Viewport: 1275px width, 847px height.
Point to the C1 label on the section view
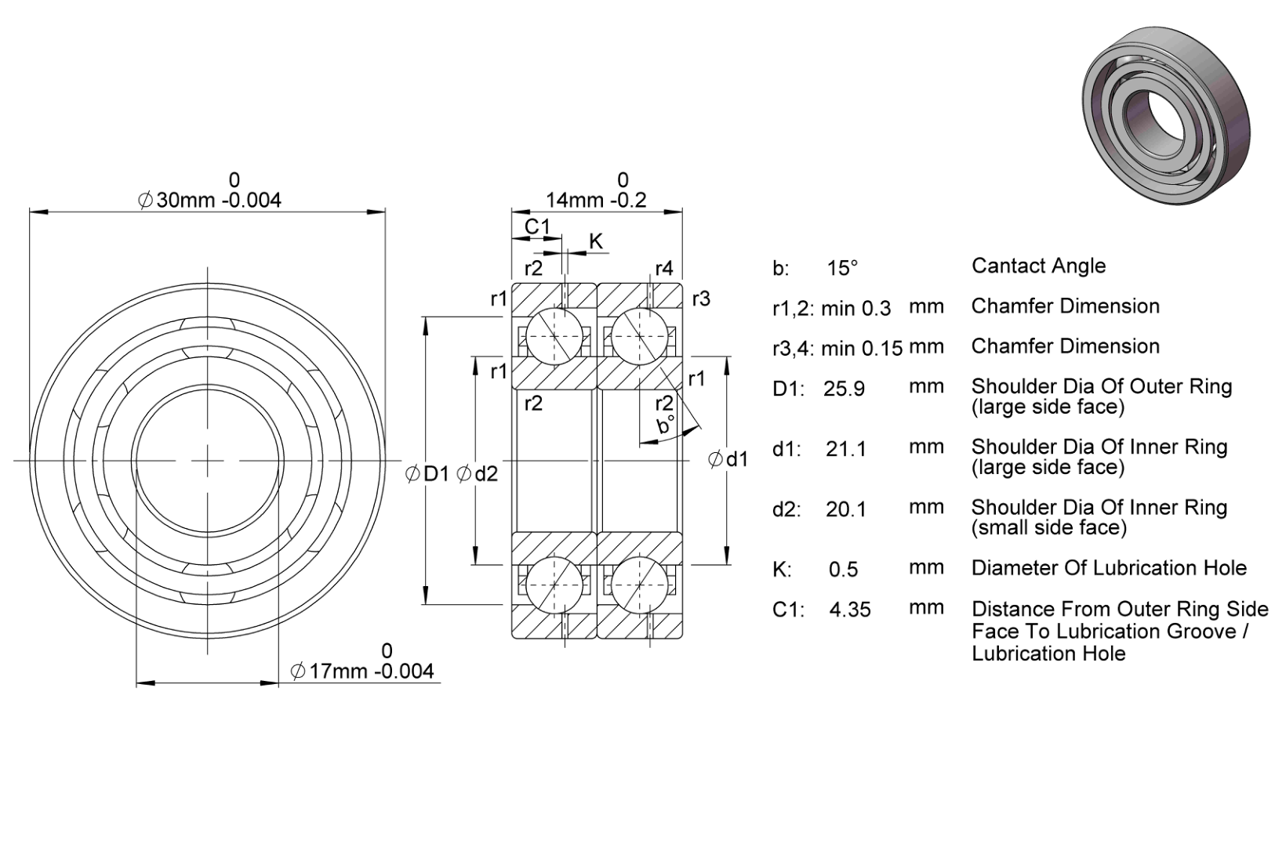(x=537, y=226)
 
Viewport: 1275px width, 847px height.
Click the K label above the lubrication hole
(x=595, y=241)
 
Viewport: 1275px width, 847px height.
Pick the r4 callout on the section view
(x=663, y=269)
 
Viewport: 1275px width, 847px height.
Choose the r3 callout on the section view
(x=701, y=299)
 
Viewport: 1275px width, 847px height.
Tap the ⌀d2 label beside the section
(x=477, y=473)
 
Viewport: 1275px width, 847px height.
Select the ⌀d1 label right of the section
(x=728, y=459)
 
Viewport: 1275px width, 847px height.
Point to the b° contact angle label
(x=666, y=425)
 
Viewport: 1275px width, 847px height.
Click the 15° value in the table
(x=842, y=268)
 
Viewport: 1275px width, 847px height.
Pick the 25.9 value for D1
(x=844, y=389)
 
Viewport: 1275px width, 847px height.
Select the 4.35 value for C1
(x=850, y=610)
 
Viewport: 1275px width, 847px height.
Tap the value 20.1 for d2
(x=846, y=509)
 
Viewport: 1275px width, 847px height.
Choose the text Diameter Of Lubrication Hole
(x=1110, y=568)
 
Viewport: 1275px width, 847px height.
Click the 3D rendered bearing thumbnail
(x=1166, y=114)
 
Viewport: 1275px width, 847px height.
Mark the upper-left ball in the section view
(x=554, y=335)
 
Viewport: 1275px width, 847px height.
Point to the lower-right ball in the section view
(x=640, y=585)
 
